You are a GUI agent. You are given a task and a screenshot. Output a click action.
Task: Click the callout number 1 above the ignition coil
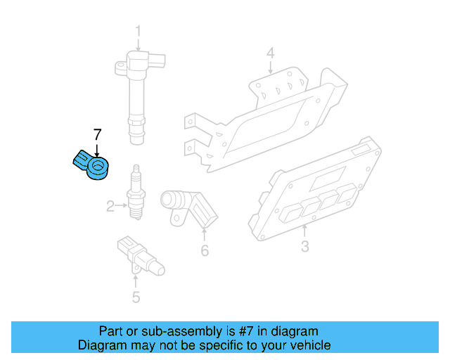click(x=138, y=31)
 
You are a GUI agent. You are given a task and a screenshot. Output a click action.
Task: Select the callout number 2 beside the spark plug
click(x=110, y=206)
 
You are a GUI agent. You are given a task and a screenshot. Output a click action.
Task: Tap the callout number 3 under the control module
click(x=304, y=246)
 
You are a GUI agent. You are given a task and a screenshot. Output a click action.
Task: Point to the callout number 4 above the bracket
click(x=270, y=53)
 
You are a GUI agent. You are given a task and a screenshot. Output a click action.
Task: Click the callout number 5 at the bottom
click(x=136, y=297)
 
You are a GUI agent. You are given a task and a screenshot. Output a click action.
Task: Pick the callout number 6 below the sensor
click(x=205, y=250)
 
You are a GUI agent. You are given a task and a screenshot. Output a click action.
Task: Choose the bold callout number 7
click(x=98, y=134)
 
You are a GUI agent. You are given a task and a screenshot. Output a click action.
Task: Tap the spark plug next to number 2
click(x=136, y=195)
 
